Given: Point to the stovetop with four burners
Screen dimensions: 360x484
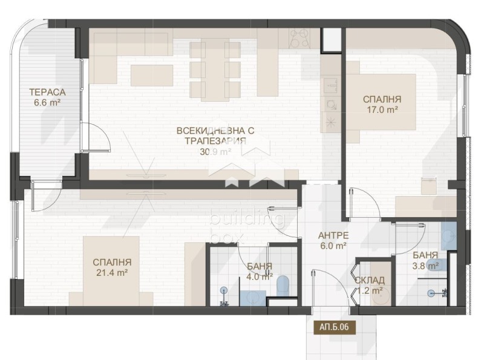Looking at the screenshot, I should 300,39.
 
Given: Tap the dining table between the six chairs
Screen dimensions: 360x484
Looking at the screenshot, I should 215,70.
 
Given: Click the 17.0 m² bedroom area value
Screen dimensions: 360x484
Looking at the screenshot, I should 382,110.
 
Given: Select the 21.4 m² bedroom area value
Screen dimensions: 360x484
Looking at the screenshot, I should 112,273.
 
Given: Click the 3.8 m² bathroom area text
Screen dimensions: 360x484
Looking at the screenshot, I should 425,265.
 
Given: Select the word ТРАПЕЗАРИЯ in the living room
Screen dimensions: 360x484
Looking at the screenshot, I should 215,141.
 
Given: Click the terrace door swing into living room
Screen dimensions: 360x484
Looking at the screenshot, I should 96,138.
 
